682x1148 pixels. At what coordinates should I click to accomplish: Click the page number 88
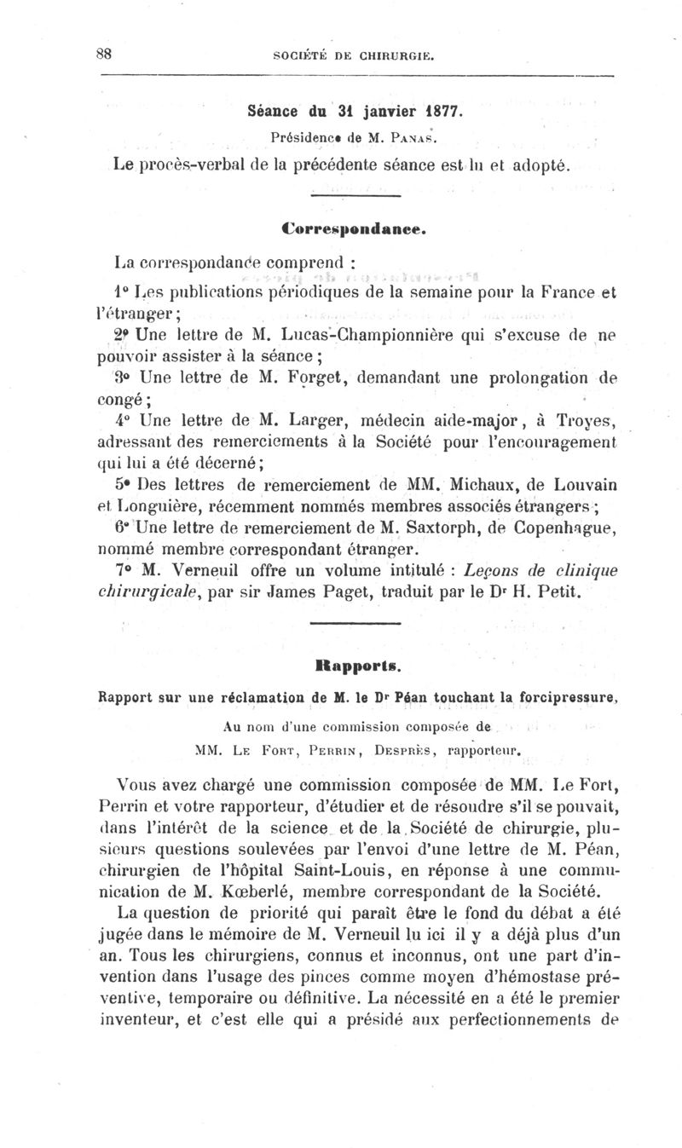105,53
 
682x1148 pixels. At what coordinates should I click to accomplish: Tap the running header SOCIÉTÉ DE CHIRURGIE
354,58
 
